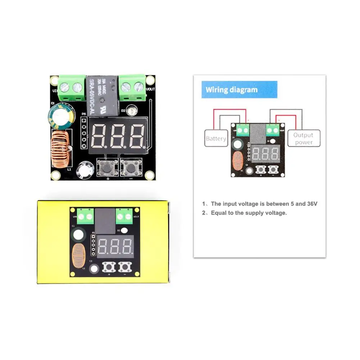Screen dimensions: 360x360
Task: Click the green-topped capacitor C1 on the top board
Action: (x=60, y=117)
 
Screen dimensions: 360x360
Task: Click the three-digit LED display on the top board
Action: (x=119, y=137)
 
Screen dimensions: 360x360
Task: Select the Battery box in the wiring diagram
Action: (x=216, y=138)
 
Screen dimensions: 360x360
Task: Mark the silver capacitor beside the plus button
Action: (x=85, y=168)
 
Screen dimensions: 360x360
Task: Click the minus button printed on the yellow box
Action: (x=124, y=267)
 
